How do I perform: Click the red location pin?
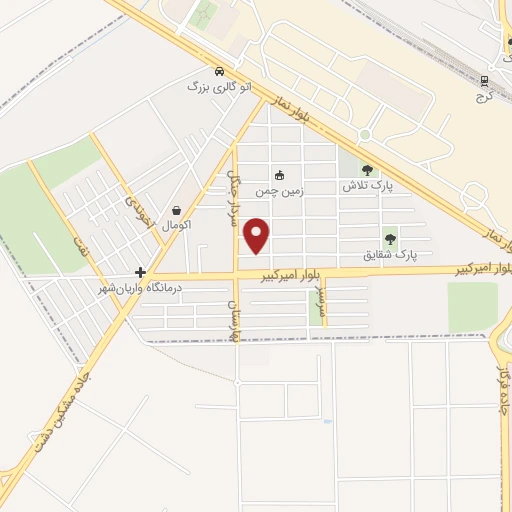click(258, 234)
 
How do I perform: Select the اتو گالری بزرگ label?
click(213, 88)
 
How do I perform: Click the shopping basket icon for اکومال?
click(177, 210)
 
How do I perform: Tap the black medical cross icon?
click(141, 272)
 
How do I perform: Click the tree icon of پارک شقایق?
click(390, 239)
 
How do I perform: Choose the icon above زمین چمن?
click(279, 175)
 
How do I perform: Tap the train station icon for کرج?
click(484, 82)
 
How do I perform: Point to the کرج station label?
click(484, 98)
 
